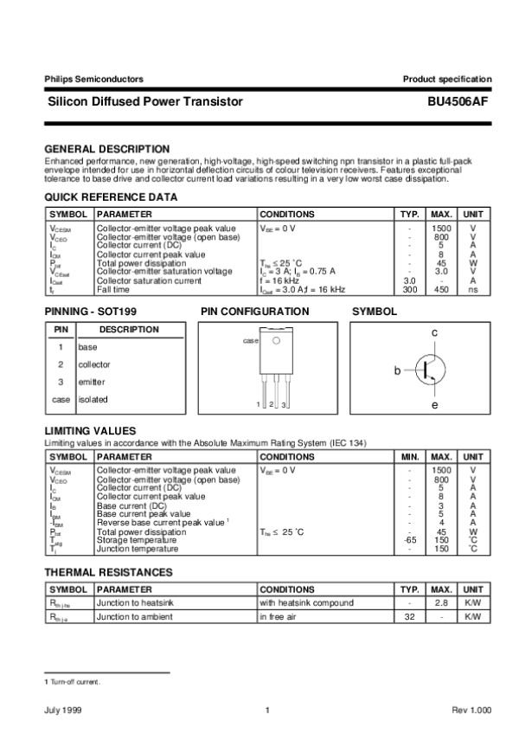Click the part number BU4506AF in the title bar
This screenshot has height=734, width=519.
(458, 102)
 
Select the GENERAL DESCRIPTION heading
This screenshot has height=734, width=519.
(106, 149)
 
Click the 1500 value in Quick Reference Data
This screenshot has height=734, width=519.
(441, 228)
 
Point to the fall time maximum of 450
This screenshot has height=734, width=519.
(441, 290)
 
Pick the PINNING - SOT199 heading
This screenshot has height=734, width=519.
(90, 310)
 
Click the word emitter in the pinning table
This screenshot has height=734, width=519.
(92, 382)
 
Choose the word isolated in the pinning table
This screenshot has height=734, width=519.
(93, 400)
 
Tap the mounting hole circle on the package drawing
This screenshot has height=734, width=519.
(276, 341)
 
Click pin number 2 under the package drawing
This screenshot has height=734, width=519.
(271, 405)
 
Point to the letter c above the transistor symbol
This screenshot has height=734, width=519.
(434, 333)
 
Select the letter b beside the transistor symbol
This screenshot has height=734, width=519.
(398, 371)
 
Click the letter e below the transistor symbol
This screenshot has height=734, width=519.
(434, 404)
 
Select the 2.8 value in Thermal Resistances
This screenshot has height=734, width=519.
(441, 602)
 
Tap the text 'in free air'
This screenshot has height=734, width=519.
(279, 617)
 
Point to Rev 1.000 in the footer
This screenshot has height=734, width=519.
(471, 711)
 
